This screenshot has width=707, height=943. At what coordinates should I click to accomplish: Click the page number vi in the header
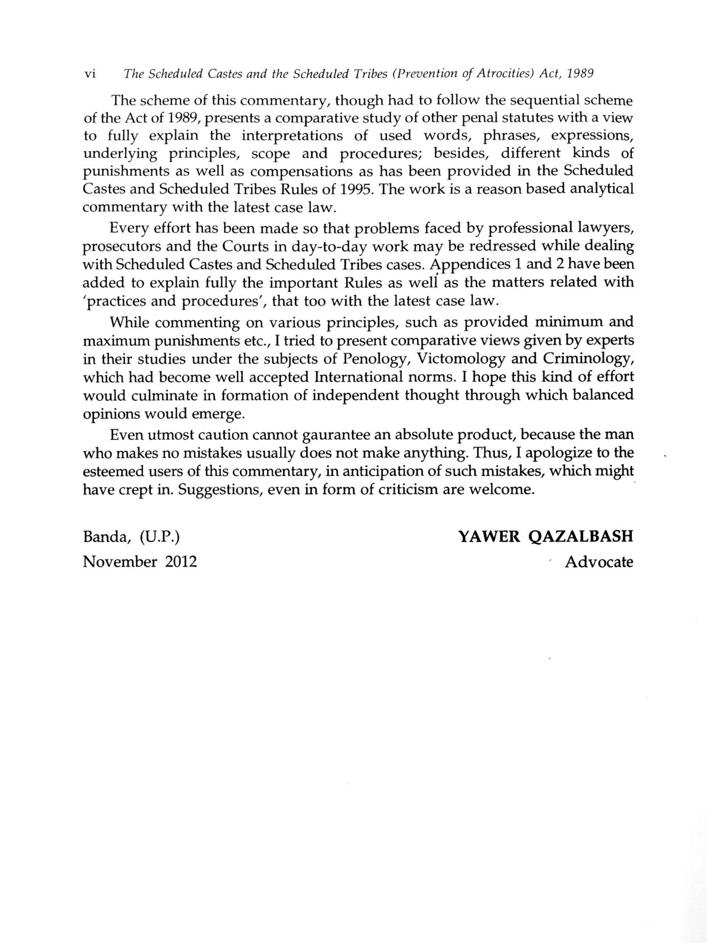click(x=89, y=74)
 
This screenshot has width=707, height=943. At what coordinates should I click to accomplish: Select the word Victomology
click(x=461, y=359)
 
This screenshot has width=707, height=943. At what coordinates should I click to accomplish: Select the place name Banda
click(x=106, y=536)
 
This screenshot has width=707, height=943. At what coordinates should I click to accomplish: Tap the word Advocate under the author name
click(x=599, y=561)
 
